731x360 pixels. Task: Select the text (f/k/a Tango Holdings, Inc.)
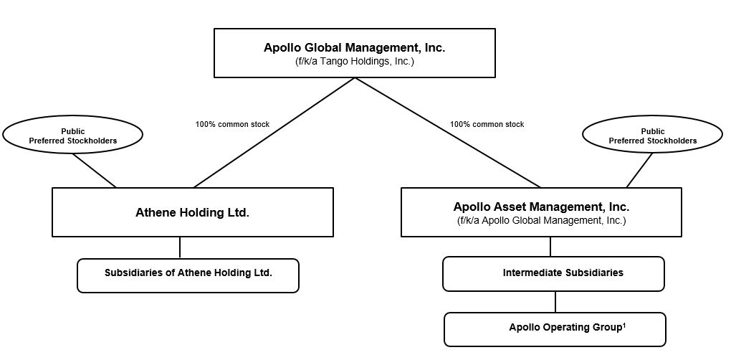[x=354, y=62]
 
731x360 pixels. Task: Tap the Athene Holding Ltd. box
[x=192, y=212]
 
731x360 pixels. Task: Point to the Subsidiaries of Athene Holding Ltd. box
[x=188, y=275]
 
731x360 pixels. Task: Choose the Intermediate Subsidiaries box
[x=553, y=274]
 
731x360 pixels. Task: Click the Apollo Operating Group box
[x=555, y=329]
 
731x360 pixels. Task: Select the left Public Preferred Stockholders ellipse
[x=72, y=136]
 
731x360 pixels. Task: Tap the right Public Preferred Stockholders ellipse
[x=652, y=136]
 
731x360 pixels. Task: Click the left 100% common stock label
[x=232, y=125]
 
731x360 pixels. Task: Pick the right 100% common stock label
[x=487, y=125]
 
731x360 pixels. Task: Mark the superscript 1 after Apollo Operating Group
[x=624, y=326]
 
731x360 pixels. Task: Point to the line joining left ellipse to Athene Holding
[x=94, y=170]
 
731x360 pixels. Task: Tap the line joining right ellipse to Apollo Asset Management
[x=639, y=171]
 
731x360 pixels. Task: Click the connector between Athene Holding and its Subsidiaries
[x=180, y=247]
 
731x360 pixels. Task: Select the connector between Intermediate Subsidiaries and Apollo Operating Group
[x=554, y=301]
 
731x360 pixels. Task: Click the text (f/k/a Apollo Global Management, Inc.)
[x=541, y=221]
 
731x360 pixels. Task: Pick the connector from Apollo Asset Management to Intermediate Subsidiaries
[x=550, y=247]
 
